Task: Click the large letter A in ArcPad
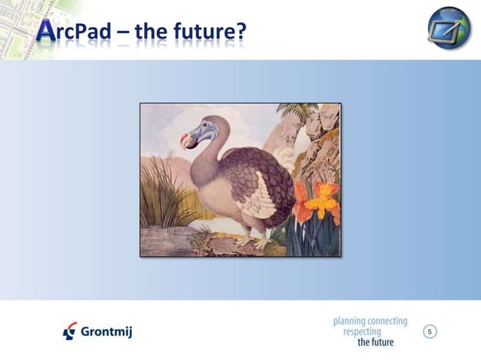click(45, 31)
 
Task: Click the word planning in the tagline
click(351, 321)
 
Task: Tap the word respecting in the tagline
click(362, 331)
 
